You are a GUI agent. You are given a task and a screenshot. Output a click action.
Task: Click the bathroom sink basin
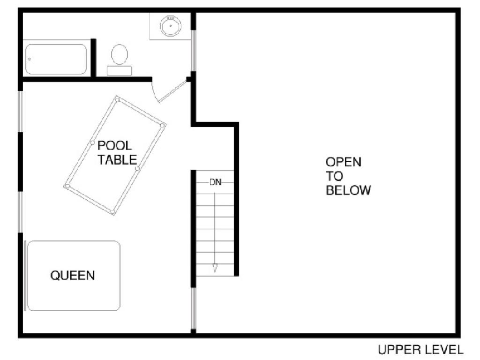[x=171, y=26]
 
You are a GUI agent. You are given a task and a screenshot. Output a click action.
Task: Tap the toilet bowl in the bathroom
[x=120, y=54]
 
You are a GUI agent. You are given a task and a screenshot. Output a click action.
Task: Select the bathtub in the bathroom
[x=56, y=60]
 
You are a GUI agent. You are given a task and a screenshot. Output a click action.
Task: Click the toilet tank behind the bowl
[x=120, y=71]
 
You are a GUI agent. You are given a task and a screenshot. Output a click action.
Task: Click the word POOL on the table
[x=115, y=145]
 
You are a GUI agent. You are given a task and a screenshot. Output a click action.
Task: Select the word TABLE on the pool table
[x=117, y=160]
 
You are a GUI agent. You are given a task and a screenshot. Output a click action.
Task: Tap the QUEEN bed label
[x=73, y=275]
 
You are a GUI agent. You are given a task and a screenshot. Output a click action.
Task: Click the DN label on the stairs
[x=215, y=182]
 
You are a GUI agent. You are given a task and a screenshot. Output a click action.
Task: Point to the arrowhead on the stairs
[x=215, y=268]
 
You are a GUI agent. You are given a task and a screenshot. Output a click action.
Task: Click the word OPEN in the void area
[x=344, y=162]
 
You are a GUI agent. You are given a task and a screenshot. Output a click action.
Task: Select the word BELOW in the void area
[x=348, y=190]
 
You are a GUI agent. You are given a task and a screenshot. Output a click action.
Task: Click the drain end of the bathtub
[x=30, y=59]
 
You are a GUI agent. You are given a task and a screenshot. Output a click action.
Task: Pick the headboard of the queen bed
[x=25, y=276]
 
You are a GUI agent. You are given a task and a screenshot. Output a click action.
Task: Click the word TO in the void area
[x=334, y=176]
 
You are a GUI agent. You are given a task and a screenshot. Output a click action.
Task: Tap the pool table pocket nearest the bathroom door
[x=117, y=99]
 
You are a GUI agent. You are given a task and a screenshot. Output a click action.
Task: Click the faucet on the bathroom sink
[x=171, y=18]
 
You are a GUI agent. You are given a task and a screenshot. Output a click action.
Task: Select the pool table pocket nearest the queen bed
[x=112, y=212]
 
